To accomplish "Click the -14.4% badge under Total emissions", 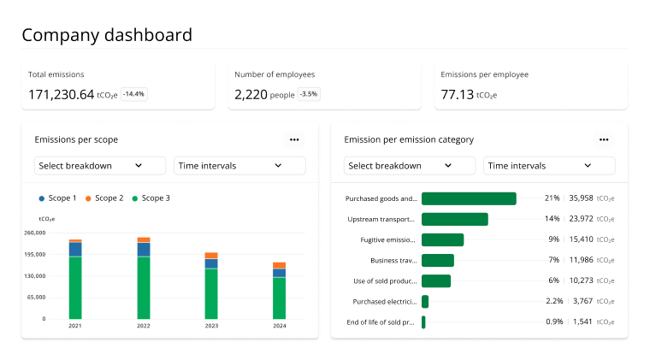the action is point(133,94).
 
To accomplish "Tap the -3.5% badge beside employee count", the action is point(309,94).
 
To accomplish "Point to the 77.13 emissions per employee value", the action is point(457,95).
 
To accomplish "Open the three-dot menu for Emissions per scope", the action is point(294,139).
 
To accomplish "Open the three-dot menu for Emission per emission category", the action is point(604,139).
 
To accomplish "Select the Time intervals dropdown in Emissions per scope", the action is point(239,166).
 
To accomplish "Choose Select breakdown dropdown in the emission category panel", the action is point(410,166).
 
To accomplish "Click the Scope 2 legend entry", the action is point(104,198).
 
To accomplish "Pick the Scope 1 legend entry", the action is point(57,198).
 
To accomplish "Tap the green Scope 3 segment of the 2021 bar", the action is point(75,288).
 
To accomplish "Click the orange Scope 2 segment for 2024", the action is point(280,266).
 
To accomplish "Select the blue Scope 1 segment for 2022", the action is point(144,250).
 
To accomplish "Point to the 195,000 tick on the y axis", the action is point(35,254).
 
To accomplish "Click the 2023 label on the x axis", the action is point(211,326).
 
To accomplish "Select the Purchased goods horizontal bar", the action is point(469,198).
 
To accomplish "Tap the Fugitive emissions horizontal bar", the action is point(443,240).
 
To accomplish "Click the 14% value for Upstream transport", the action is point(552,219).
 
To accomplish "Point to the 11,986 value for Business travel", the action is point(582,260).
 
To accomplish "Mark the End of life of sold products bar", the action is point(423,322).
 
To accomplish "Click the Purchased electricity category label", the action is point(385,302).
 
